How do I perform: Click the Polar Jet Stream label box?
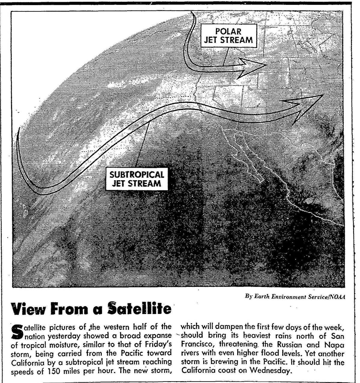coord(229,36)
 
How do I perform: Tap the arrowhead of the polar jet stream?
coord(253,66)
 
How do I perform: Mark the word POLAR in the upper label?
coord(229,31)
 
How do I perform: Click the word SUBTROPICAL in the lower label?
coord(136,175)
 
